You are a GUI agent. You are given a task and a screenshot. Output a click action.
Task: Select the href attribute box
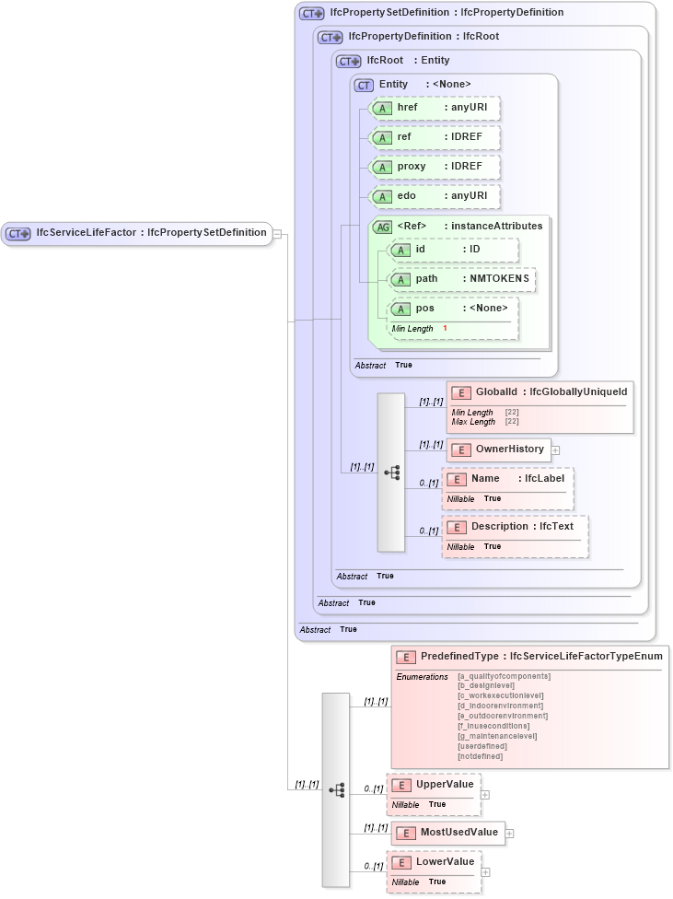434,109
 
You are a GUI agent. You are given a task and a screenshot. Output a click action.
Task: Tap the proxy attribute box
434,168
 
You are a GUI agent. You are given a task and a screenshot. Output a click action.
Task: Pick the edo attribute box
434,197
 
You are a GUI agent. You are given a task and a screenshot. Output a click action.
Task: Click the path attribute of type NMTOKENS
461,279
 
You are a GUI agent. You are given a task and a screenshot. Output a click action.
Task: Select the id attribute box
452,250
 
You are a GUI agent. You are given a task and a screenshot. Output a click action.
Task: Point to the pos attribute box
452,309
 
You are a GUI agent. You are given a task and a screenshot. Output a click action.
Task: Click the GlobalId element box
540,393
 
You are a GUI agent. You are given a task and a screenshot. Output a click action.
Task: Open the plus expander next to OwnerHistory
556,450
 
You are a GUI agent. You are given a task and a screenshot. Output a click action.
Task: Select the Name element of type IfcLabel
507,480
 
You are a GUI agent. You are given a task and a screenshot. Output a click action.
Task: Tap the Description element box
515,528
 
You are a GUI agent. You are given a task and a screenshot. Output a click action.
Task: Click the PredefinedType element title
528,657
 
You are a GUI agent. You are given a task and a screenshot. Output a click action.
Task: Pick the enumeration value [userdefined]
482,746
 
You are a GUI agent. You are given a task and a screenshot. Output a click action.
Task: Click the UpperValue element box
434,785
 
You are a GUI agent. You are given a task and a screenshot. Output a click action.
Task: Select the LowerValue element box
434,863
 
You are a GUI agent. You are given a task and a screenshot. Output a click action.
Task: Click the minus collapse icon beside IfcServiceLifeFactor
277,234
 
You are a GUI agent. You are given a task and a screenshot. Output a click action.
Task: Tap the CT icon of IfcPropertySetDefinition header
312,14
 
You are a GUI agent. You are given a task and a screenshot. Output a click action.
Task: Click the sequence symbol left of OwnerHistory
391,473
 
